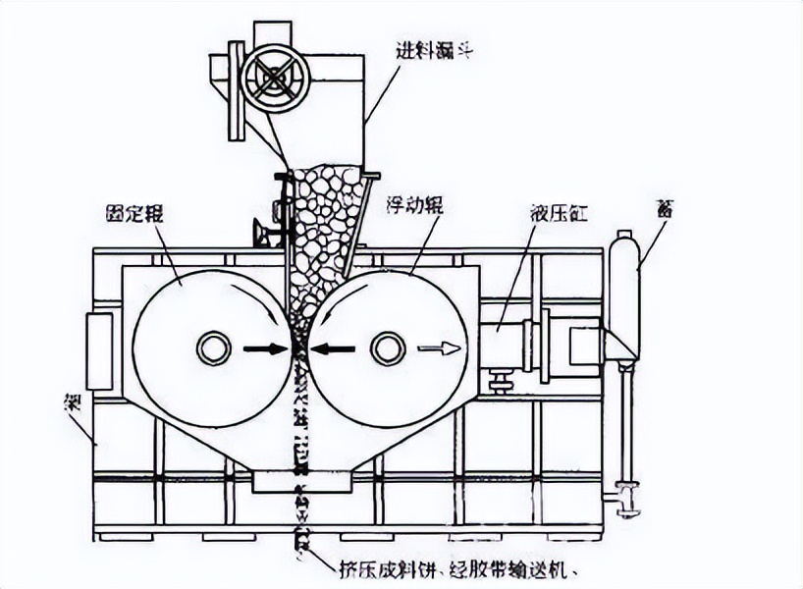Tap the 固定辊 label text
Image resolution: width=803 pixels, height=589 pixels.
click(x=134, y=212)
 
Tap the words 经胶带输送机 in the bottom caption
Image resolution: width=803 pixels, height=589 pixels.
click(x=496, y=568)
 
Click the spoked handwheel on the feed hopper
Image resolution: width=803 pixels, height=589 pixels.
click(x=276, y=78)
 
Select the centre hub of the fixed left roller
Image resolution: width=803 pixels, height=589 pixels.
click(x=213, y=348)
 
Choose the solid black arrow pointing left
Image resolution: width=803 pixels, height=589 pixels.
click(x=334, y=348)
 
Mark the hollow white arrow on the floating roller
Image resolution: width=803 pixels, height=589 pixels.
click(x=439, y=348)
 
